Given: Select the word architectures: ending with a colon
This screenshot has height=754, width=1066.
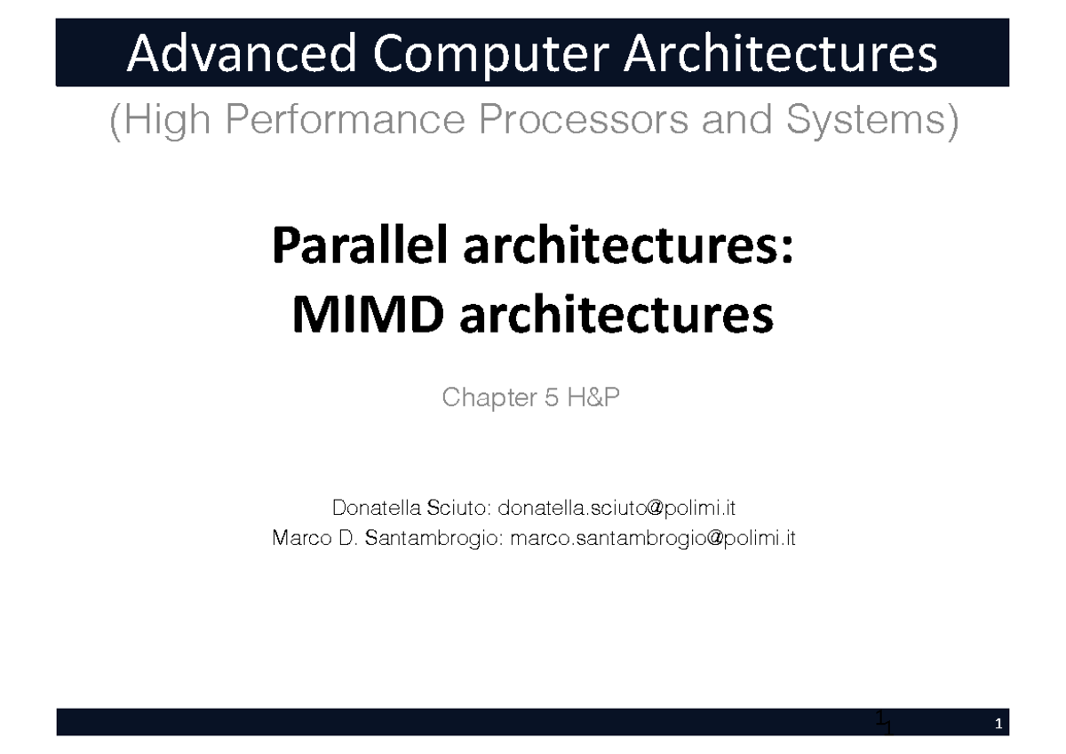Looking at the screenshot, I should (x=626, y=246).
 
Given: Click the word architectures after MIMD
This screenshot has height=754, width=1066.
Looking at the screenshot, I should (x=617, y=315).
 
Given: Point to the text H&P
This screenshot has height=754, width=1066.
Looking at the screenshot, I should (x=592, y=399).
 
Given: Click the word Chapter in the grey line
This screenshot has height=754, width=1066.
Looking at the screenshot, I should (x=487, y=399).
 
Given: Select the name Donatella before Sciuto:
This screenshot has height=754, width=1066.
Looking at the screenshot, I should (x=377, y=509).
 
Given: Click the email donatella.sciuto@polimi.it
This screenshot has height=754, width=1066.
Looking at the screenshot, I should (x=617, y=509).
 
